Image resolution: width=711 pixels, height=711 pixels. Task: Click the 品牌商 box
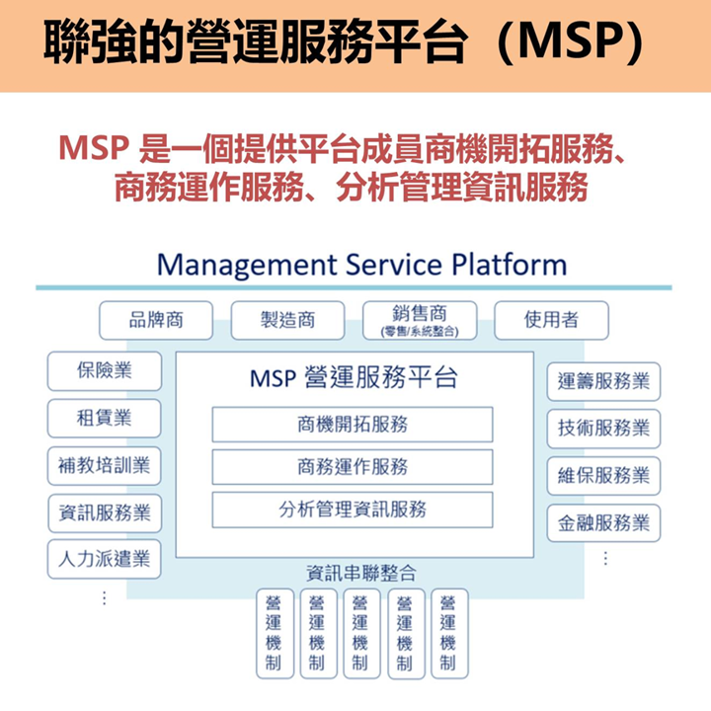[x=156, y=320]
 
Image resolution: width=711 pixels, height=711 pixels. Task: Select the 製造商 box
[x=288, y=320]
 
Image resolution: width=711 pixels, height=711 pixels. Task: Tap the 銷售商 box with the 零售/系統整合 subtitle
[x=420, y=320]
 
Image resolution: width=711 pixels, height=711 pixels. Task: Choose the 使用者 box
[x=551, y=320]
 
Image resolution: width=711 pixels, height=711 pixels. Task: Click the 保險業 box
[x=105, y=371]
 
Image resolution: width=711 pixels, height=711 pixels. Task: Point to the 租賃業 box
[x=105, y=418]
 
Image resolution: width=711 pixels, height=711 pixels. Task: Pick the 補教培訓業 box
[x=105, y=466]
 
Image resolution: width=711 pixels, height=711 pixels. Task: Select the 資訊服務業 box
[x=105, y=513]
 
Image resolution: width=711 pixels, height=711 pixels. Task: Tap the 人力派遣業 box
[x=105, y=559]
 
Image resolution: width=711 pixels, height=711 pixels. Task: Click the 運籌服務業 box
[x=603, y=381]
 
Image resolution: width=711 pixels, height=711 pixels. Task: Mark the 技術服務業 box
[x=603, y=429]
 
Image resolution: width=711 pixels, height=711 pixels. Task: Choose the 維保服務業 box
[x=603, y=476]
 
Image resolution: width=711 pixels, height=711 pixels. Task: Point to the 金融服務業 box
[x=603, y=522]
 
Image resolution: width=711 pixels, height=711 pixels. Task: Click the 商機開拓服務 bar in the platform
[x=353, y=425]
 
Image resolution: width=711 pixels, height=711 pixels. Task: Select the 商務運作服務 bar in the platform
[x=353, y=467]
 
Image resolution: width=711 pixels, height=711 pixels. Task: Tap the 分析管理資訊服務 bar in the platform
[x=353, y=510]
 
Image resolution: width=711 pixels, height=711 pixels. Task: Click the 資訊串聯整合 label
[x=361, y=573]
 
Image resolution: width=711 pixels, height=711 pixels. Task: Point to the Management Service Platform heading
[x=361, y=265]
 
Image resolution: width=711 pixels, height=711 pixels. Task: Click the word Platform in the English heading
[x=510, y=265]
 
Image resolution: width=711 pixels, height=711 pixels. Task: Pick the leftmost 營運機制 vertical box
[x=275, y=633]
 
